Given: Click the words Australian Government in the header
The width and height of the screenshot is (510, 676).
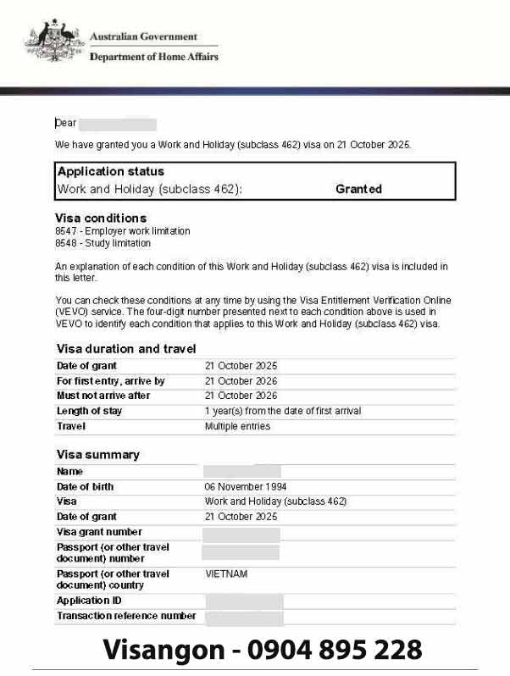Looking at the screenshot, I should click(x=143, y=37).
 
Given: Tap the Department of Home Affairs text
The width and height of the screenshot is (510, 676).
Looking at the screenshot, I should click(x=153, y=57).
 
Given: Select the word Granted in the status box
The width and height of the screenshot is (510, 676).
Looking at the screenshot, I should click(x=358, y=189).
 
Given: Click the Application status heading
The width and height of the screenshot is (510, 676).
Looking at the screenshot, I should click(x=110, y=172).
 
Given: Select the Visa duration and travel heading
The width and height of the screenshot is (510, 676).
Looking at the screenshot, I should click(x=126, y=348).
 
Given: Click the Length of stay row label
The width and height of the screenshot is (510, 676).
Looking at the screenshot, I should click(x=89, y=412).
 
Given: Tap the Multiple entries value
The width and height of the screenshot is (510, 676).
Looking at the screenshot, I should click(x=237, y=427).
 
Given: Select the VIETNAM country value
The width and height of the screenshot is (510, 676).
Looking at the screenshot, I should click(x=226, y=573).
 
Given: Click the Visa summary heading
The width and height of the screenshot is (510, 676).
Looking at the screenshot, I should click(x=97, y=455).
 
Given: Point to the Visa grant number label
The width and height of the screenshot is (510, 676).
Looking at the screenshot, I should click(x=99, y=533).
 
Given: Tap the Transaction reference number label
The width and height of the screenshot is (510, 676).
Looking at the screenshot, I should click(x=126, y=616).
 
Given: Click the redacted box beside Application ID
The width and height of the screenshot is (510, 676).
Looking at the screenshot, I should click(x=244, y=601).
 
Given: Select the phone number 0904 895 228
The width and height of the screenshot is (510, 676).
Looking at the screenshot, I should click(x=335, y=650).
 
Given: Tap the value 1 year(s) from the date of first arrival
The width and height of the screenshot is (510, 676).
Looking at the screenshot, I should click(x=283, y=412).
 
